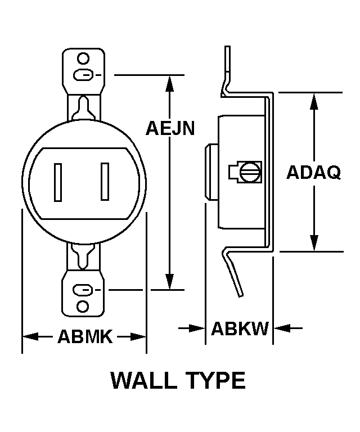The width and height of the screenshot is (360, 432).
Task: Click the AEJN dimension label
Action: pyautogui.click(x=170, y=129)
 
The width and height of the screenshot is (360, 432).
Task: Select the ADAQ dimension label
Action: pyautogui.click(x=313, y=172)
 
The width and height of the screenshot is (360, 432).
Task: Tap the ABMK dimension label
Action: pyautogui.click(x=85, y=337)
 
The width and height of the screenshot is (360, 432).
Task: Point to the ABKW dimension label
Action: pyautogui.click(x=240, y=328)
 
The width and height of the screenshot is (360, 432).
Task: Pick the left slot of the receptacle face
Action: pyautogui.click(x=58, y=182)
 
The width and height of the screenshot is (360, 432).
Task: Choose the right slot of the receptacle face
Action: pyautogui.click(x=105, y=182)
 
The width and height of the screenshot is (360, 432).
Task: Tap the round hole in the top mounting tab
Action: pyautogui.click(x=83, y=58)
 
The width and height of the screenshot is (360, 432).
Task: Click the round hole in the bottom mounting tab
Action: pyautogui.click(x=83, y=307)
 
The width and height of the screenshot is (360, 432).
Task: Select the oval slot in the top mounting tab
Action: pyautogui.click(x=83, y=74)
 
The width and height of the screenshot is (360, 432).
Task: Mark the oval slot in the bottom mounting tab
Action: pyautogui.click(x=83, y=290)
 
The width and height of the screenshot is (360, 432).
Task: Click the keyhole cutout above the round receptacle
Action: pyautogui.click(x=83, y=106)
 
